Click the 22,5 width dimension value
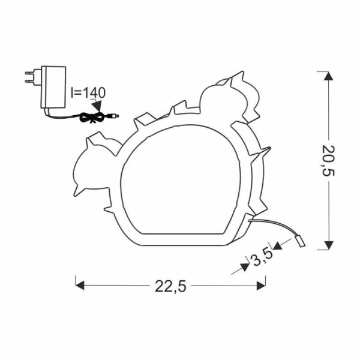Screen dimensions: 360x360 point(170,286)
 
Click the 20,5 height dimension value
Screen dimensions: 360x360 point(328,160)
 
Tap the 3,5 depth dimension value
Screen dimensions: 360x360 point(262,257)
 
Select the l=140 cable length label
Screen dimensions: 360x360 point(88,93)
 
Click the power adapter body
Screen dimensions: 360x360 point(53,87)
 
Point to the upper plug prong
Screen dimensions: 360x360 point(30,73)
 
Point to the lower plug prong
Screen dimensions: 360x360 point(30,81)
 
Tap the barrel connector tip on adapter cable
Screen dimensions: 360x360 point(114,116)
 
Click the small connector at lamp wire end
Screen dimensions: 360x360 point(300,242)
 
